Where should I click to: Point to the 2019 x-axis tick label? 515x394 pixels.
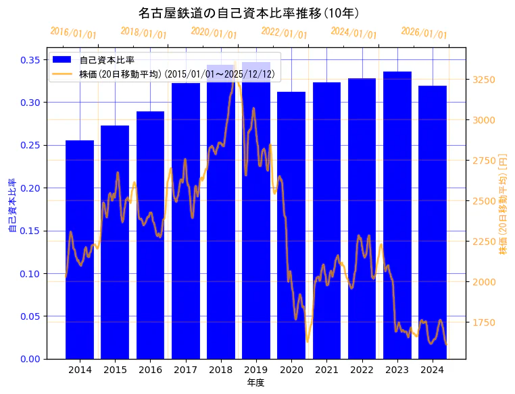[256, 369]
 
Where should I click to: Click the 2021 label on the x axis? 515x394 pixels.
[326, 369]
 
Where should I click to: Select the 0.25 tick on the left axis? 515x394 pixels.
[30, 145]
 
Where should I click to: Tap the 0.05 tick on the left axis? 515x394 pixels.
[30, 316]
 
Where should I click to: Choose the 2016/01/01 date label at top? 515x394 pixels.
[74, 32]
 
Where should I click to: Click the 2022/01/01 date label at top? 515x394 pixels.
[285, 32]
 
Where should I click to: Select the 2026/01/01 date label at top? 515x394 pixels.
[424, 32]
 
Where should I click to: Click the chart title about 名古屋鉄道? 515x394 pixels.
[249, 13]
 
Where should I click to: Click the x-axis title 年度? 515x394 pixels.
[255, 383]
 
